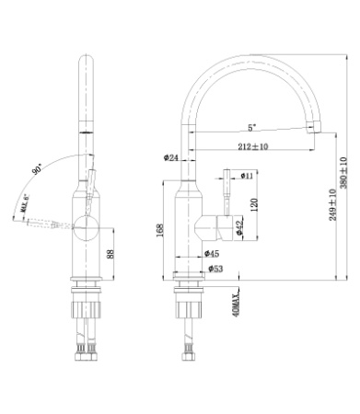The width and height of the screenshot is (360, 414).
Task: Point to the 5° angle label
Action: (x=251, y=128)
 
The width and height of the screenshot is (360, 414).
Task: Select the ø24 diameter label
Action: (x=171, y=157)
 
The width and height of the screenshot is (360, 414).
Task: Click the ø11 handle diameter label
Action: (x=247, y=175)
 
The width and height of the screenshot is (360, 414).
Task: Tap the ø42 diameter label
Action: (x=239, y=227)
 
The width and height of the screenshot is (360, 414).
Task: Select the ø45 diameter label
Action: (x=211, y=253)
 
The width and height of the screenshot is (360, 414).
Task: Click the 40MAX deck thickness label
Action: (x=237, y=301)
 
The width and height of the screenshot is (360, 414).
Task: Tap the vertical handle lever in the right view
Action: (x=221, y=189)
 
